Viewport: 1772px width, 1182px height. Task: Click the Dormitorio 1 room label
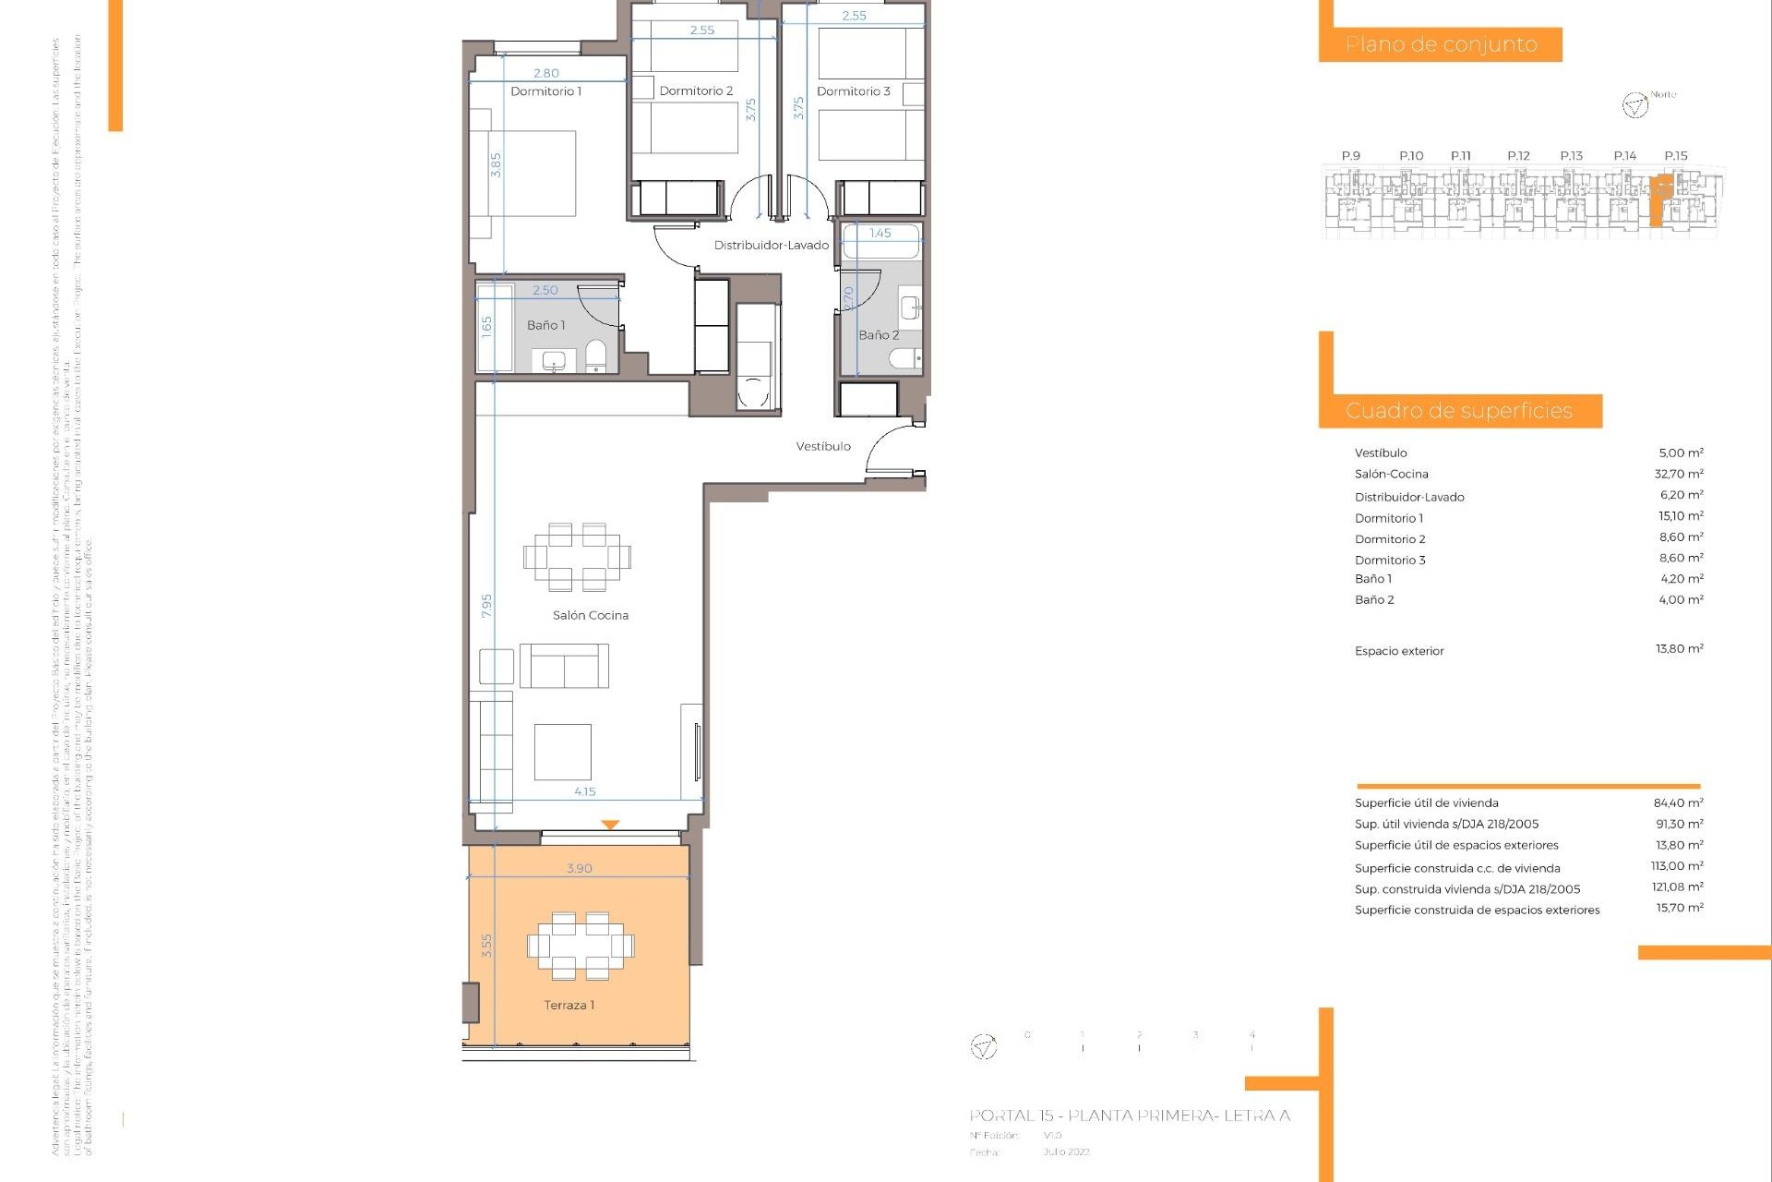[x=545, y=91]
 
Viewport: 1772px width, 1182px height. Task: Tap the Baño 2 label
[x=878, y=335]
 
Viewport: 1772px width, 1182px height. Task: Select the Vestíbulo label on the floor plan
[x=823, y=446]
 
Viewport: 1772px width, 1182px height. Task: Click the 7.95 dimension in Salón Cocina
[x=486, y=606]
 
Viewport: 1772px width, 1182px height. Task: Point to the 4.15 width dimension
[x=584, y=791]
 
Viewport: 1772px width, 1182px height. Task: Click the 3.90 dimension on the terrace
[x=579, y=868]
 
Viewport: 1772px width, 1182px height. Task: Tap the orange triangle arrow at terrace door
[x=609, y=825]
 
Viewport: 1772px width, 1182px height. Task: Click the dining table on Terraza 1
[x=581, y=946]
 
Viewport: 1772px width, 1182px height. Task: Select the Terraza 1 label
[x=569, y=1005]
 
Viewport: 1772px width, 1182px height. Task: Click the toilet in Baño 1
[x=595, y=356]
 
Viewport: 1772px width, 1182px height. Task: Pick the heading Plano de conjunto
[x=1441, y=44]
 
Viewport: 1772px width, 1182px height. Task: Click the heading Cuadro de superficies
[x=1458, y=411]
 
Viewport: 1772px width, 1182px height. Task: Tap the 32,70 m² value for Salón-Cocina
[x=1678, y=474]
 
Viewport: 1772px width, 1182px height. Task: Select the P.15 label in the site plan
[x=1675, y=156]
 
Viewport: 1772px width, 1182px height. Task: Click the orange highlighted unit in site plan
[x=1659, y=199]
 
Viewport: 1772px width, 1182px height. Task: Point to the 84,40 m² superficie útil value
[x=1678, y=803]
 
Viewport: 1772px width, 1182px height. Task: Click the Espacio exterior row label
[x=1398, y=651]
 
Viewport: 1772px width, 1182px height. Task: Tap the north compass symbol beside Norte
[x=1634, y=105]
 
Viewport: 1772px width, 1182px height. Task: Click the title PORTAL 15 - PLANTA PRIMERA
[x=1129, y=1116]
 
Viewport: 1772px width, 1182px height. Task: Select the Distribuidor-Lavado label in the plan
[x=771, y=246]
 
